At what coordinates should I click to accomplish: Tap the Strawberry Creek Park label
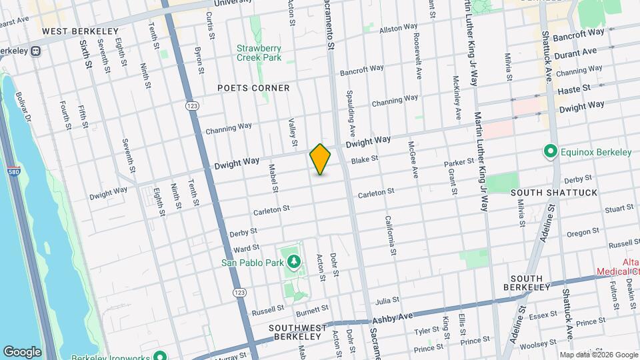259,53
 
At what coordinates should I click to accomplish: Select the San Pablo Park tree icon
293,261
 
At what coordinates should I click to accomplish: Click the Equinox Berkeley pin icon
551,152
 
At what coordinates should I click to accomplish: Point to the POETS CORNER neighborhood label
253,88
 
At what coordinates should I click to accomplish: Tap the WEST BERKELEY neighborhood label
80,31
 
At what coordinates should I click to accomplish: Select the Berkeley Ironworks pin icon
159,354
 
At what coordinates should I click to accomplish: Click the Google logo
22,352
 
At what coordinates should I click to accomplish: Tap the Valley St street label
292,133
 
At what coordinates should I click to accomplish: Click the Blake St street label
365,159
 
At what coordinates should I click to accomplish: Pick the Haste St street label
574,89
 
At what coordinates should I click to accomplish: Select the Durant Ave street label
575,51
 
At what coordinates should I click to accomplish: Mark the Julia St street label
387,301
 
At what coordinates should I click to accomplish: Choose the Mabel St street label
273,179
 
